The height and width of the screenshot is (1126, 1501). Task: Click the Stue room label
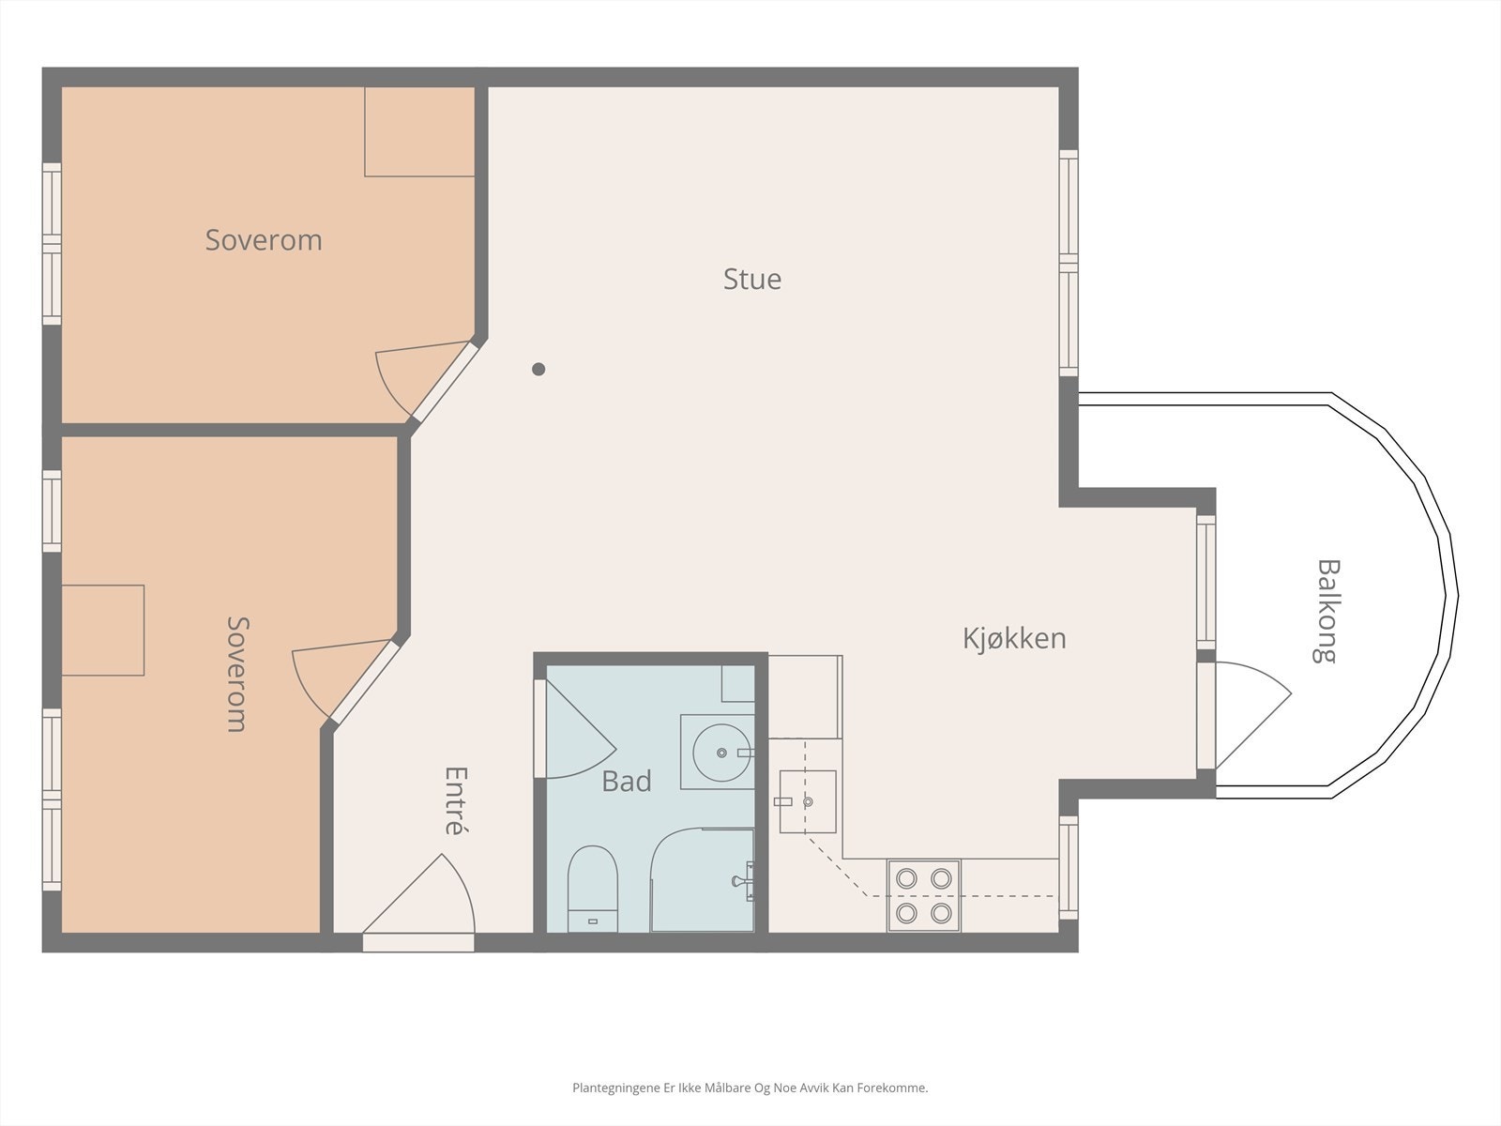point(752,279)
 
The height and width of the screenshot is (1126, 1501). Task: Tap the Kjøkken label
point(1014,639)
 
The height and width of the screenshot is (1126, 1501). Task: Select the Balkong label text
point(1327,611)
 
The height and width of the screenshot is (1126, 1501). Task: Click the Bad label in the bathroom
point(627,781)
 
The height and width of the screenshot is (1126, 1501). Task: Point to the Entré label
point(456,800)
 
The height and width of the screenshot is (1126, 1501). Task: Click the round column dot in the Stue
point(538,369)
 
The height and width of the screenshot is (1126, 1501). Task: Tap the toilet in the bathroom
point(593,888)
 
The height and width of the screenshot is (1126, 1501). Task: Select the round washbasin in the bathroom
point(721,753)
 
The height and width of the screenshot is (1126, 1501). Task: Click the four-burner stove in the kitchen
point(924,895)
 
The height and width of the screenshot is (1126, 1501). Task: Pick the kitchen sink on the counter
point(808,801)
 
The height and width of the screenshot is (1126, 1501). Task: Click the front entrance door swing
point(418,895)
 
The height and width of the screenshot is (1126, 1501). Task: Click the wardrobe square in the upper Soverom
point(419,132)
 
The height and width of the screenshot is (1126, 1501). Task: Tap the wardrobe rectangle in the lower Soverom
point(103,631)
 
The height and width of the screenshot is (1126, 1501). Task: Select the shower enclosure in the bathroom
point(703,880)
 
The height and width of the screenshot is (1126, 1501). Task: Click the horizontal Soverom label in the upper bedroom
point(264,240)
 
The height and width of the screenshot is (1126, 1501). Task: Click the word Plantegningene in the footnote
point(616,1088)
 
